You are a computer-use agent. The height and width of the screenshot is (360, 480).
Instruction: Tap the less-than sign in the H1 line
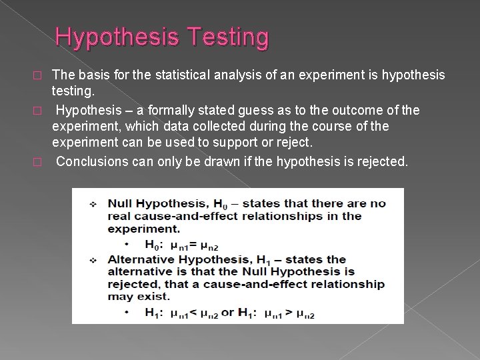[x=201, y=311]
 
